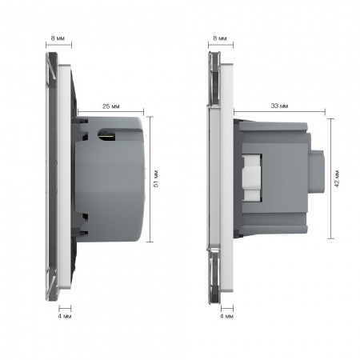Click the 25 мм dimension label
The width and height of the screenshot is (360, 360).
[x=111, y=106]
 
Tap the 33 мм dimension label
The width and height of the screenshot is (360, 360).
[x=279, y=106]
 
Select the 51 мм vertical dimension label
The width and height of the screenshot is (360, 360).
[x=156, y=178]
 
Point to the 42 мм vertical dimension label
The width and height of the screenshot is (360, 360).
[x=337, y=178]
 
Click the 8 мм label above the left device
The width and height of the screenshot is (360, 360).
[x=58, y=38]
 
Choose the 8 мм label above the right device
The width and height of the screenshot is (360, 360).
[x=220, y=38]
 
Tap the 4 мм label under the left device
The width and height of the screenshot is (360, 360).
[x=65, y=316]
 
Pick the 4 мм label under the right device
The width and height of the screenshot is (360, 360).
[x=226, y=316]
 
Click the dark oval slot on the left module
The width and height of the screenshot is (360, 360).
[x=107, y=134]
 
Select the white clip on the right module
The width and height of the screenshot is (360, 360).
[x=251, y=178]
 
